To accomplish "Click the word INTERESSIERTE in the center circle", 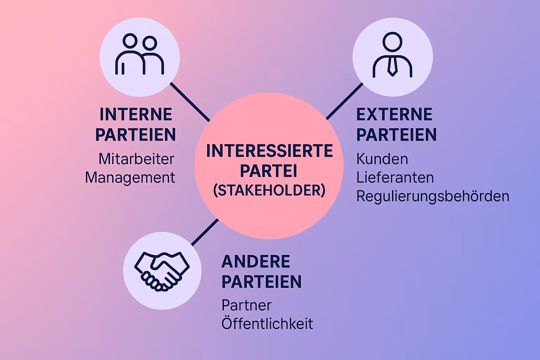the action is point(269,151).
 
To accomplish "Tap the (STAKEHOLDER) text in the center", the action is point(269,191).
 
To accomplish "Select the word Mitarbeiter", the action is point(136,159).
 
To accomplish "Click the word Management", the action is point(130,178).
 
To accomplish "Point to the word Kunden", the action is point(382,159).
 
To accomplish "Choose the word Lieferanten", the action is point(395,178).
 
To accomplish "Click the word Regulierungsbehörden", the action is point(433,196).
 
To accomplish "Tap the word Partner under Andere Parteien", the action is point(246,305).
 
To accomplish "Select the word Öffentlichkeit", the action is point(267,323).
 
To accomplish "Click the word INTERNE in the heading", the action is point(136,115).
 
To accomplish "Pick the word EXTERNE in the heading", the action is point(394,115).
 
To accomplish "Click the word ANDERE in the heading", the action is point(256,262).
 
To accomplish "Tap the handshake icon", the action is point(162,271).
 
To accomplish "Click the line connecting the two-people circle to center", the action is point(190,102).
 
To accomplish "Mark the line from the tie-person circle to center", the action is point(345,101).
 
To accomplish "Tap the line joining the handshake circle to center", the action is point(205,232).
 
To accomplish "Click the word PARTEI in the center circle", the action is point(269,171).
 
